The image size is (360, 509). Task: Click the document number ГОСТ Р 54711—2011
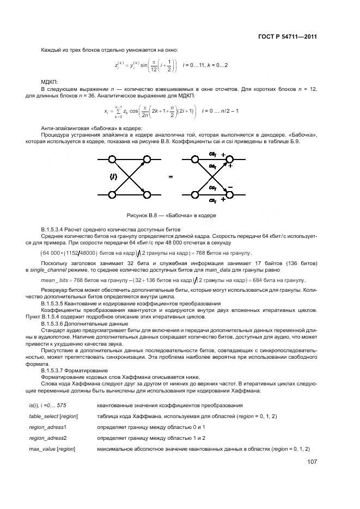288,37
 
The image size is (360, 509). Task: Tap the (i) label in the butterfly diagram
113,176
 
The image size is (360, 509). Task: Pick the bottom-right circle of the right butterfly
230,194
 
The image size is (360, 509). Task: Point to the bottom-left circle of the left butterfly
113,194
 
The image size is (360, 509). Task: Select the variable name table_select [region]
53,416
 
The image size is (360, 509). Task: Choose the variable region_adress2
48,438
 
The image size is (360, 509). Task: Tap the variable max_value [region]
52,449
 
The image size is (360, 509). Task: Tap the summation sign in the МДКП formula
117,112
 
